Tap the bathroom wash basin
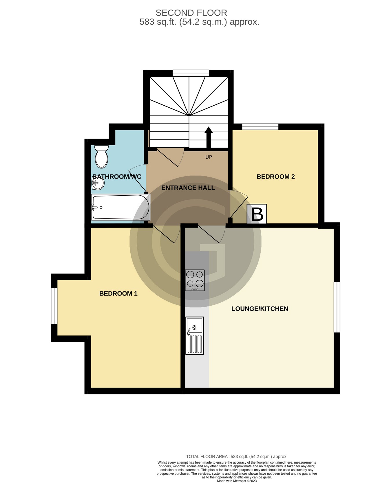click(98, 183)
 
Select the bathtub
click(120, 207)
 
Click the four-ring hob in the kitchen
click(195, 280)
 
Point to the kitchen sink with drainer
click(194, 335)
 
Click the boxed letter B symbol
click(257, 214)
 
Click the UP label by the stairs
click(209, 157)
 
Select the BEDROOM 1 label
click(118, 293)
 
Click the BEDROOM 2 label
click(275, 177)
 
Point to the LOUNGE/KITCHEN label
click(260, 309)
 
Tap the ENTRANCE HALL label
click(188, 188)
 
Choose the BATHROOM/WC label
click(117, 177)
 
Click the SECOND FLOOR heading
click(191, 13)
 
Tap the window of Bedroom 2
click(260, 126)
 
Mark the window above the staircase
click(191, 73)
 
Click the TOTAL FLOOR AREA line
click(237, 456)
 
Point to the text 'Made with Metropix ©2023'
click(237, 481)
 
